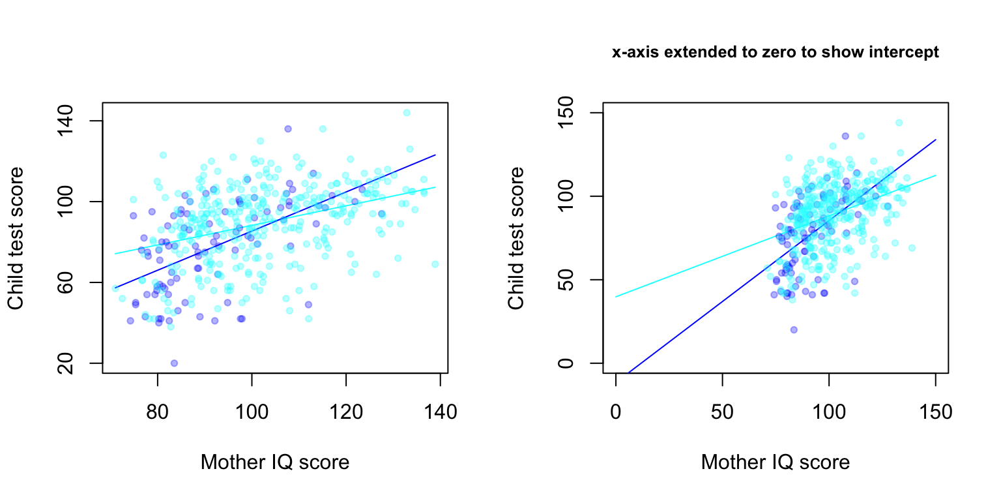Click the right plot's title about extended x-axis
click(776, 53)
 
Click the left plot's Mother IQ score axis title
click(275, 463)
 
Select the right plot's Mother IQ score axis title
click(776, 463)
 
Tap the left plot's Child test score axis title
click(16, 238)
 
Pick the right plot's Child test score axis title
click(517, 238)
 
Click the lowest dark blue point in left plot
click(174, 363)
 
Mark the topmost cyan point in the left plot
click(407, 112)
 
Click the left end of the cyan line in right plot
click(616, 297)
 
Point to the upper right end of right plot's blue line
click(936, 139)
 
